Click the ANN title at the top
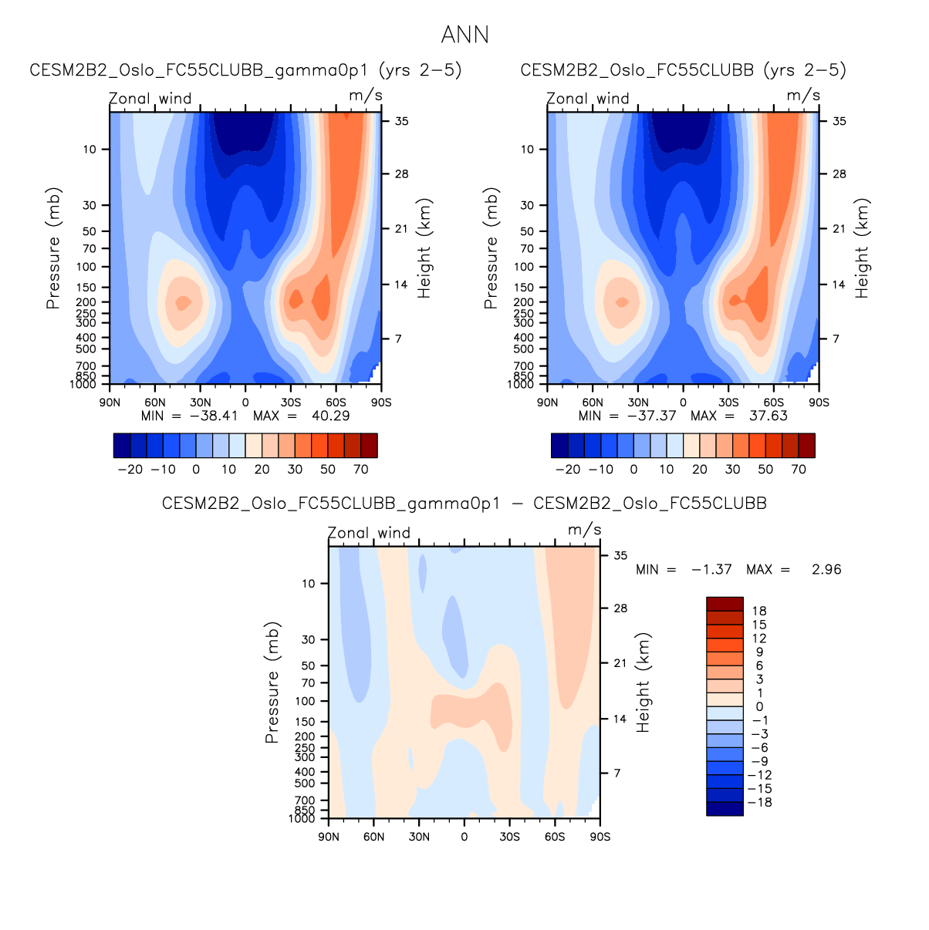pos(464,35)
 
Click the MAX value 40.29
pos(330,416)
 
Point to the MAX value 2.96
pos(826,570)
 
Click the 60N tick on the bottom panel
pos(373,837)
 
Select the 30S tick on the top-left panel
pos(291,403)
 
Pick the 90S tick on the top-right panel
pos(819,403)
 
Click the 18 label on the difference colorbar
pos(759,611)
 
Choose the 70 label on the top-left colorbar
pos(361,469)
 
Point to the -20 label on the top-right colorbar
pos(568,469)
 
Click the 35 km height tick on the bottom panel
pos(620,555)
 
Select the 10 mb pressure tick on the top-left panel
pos(90,149)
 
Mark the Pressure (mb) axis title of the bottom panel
pos(272,682)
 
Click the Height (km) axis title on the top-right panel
pos(862,248)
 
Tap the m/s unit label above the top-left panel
pos(366,96)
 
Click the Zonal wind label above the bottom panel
pos(369,533)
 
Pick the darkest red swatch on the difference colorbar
pos(725,604)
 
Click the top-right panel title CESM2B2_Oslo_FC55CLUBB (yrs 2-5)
pos(683,70)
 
